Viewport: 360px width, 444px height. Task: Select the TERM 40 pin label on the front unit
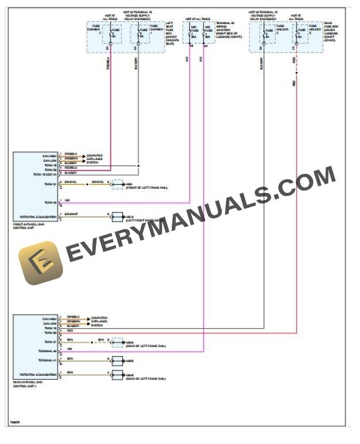(x=49, y=202)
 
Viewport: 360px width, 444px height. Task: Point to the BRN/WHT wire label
(x=71, y=214)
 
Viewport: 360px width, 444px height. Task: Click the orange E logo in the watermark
(x=41, y=263)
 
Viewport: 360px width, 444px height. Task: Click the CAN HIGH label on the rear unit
(x=49, y=319)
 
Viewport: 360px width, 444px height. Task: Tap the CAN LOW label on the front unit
(x=49, y=160)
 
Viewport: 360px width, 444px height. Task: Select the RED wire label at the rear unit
(x=70, y=331)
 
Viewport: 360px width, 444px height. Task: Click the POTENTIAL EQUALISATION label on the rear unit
(x=38, y=374)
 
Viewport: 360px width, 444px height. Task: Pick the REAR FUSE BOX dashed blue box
(x=286, y=39)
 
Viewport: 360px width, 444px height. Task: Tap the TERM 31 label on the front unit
(x=49, y=184)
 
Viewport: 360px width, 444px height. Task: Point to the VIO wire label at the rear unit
(x=69, y=349)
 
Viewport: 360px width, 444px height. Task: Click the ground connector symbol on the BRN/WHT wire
(x=117, y=216)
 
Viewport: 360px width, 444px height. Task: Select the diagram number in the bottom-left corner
(x=15, y=422)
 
